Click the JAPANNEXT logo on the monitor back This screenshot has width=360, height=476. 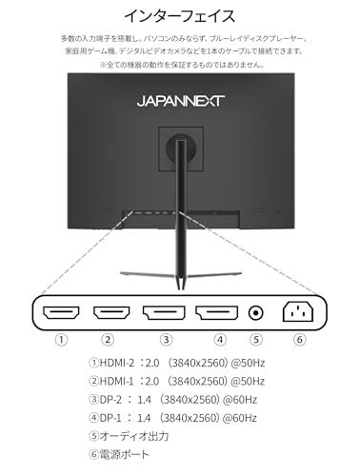click(181, 101)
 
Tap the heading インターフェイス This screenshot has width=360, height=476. click(180, 16)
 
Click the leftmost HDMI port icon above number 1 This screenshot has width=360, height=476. click(61, 312)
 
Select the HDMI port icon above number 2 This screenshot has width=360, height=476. click(111, 312)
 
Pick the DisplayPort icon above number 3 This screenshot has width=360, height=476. click(164, 312)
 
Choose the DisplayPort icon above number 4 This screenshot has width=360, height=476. click(217, 312)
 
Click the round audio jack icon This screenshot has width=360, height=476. click(255, 313)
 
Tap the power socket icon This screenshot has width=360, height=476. click(298, 311)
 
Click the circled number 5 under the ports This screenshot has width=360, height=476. click(256, 340)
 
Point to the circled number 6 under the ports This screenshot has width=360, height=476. click(299, 340)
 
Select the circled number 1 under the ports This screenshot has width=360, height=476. click(62, 340)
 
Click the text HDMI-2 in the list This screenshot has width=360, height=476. click(117, 363)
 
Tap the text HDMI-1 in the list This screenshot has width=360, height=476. click(117, 381)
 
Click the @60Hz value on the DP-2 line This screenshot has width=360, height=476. click(240, 400)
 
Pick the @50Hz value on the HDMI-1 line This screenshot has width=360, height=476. click(248, 381)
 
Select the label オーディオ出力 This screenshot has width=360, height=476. click(134, 436)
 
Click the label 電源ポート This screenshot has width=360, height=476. click(124, 455)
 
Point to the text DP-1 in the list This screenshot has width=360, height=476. click(110, 418)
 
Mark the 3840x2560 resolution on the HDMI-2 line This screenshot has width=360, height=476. click(198, 363)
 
